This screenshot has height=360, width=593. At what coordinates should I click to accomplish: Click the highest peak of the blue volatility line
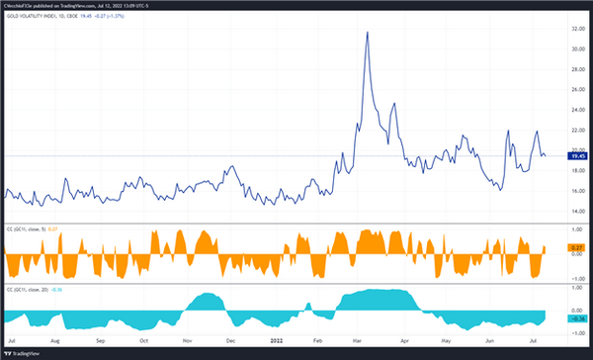368,33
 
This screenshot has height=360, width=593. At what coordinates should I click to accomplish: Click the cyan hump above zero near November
209,300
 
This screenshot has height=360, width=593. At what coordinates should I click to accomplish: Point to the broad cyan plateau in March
371,298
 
